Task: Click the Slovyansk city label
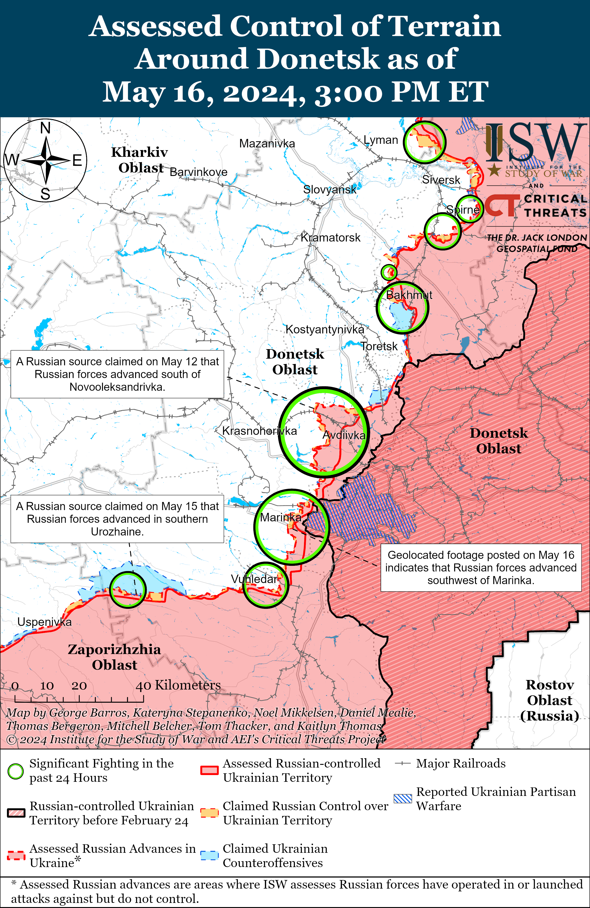(x=329, y=190)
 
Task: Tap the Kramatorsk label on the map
(x=330, y=238)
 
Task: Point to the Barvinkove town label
(x=198, y=172)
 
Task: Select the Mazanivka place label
(x=267, y=144)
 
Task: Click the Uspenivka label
(x=44, y=622)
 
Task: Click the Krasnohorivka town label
(x=259, y=431)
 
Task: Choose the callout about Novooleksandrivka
(x=117, y=374)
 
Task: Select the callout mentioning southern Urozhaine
(x=117, y=519)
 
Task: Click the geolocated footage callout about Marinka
(x=481, y=568)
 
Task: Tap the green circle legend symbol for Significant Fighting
(x=16, y=771)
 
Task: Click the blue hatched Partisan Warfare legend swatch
(x=403, y=798)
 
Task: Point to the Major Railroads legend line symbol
(x=403, y=764)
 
